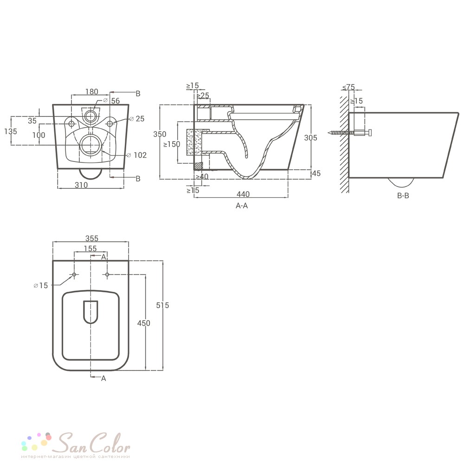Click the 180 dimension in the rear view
click(x=91, y=92)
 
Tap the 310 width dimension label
click(x=81, y=185)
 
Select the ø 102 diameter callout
click(x=137, y=155)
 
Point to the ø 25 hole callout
click(x=137, y=119)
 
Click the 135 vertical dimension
click(x=11, y=131)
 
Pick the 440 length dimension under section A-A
click(x=243, y=194)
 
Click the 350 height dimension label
click(x=160, y=134)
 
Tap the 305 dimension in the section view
click(x=310, y=138)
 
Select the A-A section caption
click(x=241, y=206)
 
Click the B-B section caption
click(x=403, y=196)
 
